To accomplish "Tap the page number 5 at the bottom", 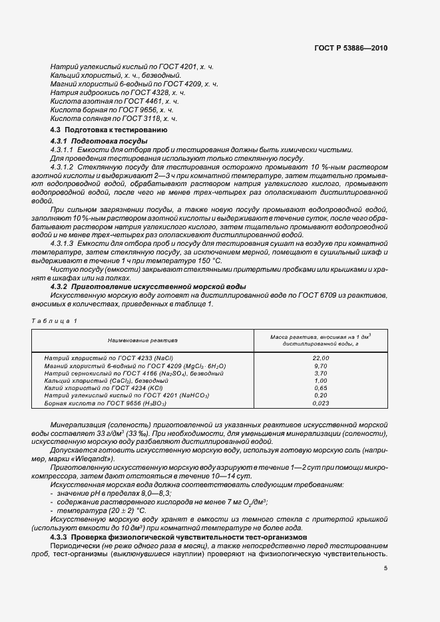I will tap(385, 568).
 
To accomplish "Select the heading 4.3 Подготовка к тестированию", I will tap(104, 130).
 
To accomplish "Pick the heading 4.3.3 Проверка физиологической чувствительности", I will tap(160, 535).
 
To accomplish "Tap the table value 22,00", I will tap(321, 358).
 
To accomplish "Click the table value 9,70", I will tap(321, 365).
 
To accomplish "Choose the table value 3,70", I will tap(321, 373).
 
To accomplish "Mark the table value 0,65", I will tap(321, 387).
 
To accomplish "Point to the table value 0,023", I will tap(321, 403).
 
